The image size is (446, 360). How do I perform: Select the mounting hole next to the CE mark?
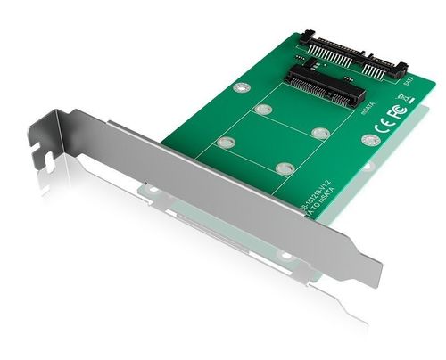pyautogui.click(x=368, y=139)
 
